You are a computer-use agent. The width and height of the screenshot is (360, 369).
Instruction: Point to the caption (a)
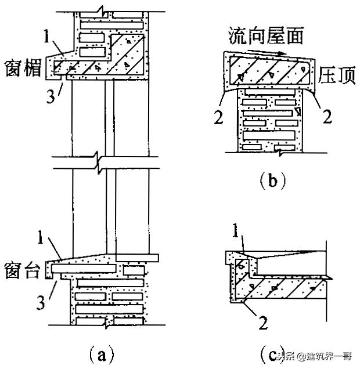[x=93, y=353]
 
